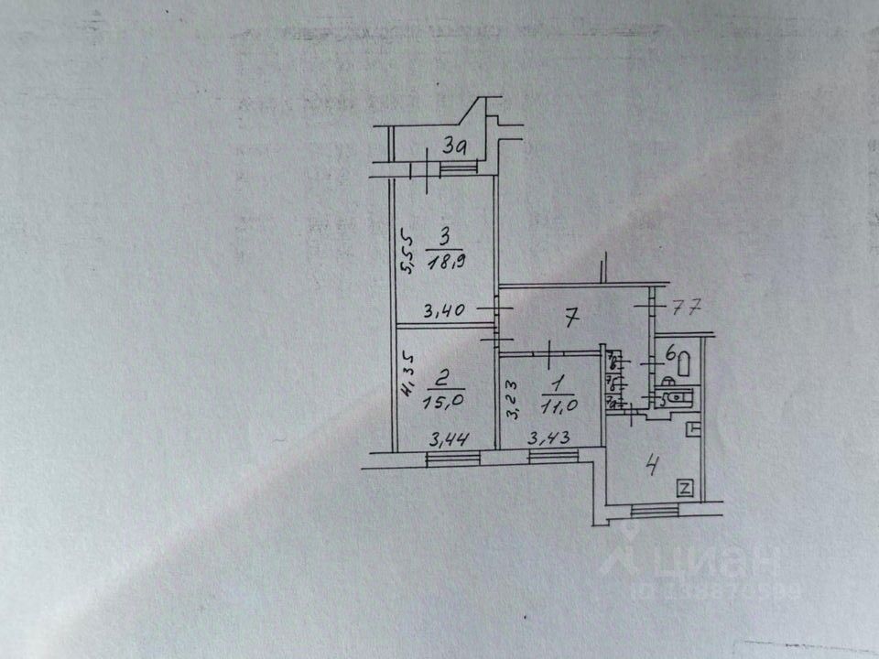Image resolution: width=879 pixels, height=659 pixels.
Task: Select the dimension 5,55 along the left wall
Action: pos(409,250)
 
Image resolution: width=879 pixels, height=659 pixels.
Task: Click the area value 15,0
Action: pos(439,399)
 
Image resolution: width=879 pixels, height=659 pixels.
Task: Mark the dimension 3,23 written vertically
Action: pos(515,400)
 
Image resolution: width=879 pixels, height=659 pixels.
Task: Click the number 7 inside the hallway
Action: pos(570,319)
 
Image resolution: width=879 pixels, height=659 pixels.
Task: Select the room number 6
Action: pos(670,351)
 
